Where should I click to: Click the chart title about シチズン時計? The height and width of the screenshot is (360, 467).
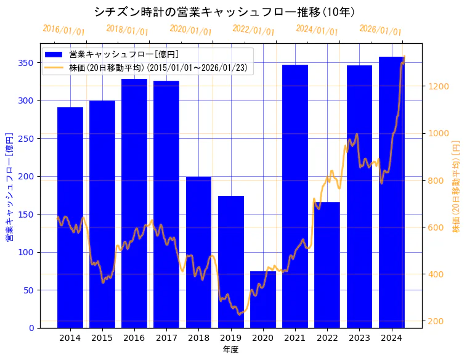(224, 12)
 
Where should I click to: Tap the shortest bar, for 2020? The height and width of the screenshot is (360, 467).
(263, 300)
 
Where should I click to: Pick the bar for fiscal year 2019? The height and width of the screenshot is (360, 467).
(231, 262)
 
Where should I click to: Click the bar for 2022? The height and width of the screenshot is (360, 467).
(327, 265)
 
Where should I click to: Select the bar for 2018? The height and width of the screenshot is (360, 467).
(198, 252)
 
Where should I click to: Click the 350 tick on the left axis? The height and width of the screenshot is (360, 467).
(26, 63)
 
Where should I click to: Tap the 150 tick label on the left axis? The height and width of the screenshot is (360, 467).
(26, 215)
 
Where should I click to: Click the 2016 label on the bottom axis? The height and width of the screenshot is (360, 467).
(134, 338)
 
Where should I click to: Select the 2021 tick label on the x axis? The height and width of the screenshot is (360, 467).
(295, 338)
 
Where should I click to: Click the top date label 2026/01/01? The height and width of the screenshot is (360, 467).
(380, 30)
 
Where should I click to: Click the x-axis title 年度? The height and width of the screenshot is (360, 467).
(230, 350)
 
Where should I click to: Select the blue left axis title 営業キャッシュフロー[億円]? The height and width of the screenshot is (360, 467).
(9, 186)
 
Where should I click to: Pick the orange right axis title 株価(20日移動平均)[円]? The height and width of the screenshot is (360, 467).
(457, 186)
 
